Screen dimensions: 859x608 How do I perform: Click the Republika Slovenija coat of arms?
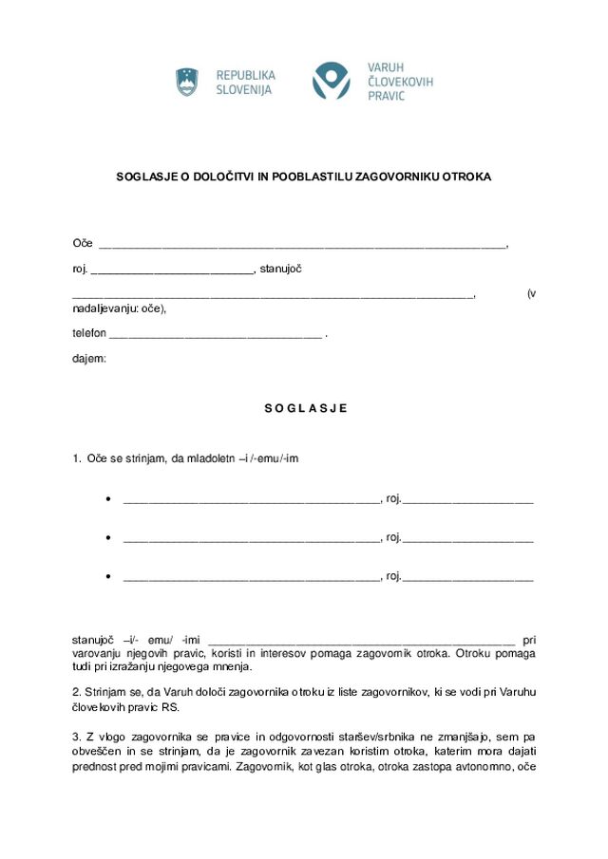tap(186, 82)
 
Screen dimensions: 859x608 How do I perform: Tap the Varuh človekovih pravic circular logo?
tap(332, 82)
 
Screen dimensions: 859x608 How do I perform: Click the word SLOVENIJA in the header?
tap(244, 90)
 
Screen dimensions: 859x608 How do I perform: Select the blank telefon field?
tap(215, 335)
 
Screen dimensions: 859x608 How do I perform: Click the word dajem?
tap(89, 359)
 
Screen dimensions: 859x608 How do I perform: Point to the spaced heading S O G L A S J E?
tap(305, 408)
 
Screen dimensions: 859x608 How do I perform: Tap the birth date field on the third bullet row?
tap(467, 577)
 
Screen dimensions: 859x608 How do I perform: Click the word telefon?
tap(89, 334)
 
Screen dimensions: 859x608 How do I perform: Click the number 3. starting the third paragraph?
tap(77, 737)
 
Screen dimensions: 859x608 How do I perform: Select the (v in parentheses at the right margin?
tap(530, 293)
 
